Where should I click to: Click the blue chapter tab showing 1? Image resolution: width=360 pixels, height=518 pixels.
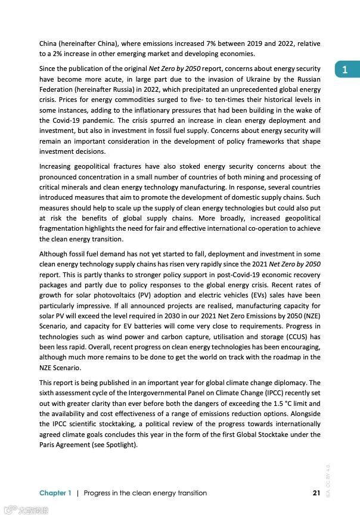[x=345, y=70]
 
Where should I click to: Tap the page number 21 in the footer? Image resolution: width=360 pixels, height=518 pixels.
[x=316, y=493]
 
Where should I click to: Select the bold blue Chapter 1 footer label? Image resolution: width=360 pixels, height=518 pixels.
[x=55, y=493]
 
